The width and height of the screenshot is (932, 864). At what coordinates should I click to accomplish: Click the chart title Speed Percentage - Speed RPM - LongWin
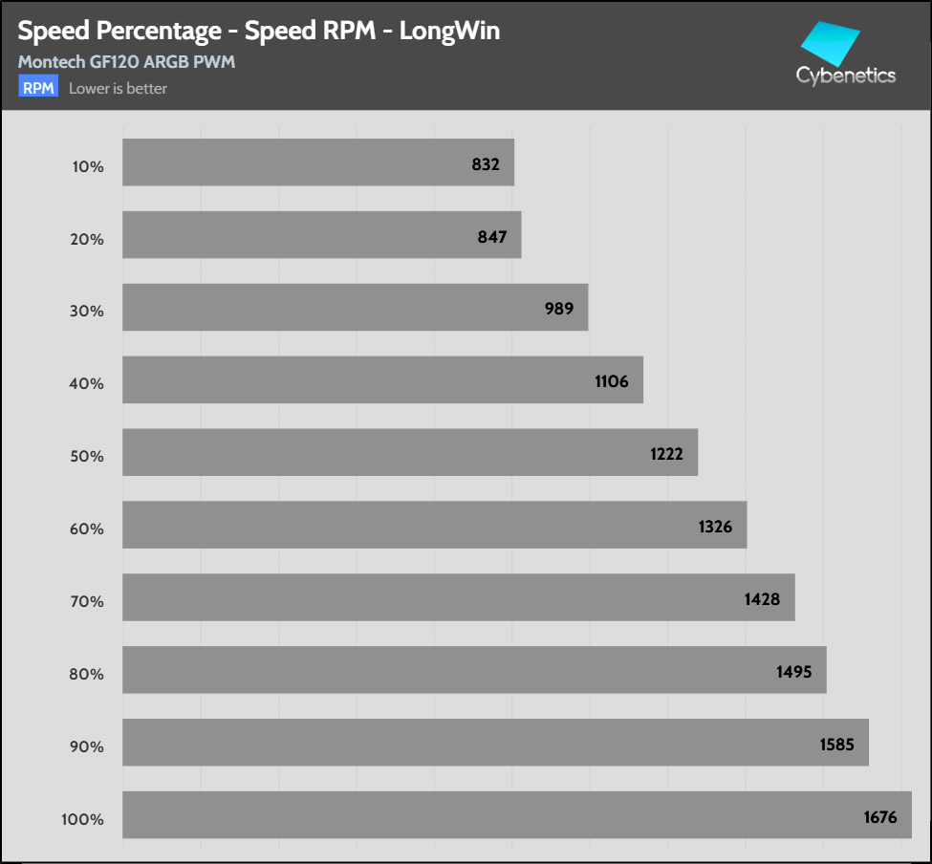coord(258,32)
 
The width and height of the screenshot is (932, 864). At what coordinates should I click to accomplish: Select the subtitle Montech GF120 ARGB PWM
coord(126,63)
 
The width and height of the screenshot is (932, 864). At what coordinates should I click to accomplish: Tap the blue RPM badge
coord(38,88)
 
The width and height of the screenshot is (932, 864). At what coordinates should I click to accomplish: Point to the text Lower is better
coord(119,89)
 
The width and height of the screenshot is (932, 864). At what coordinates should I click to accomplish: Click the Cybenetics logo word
coord(846,76)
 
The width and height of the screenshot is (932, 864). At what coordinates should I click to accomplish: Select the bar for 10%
coord(318,162)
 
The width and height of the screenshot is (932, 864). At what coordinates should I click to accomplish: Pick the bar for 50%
coord(410,452)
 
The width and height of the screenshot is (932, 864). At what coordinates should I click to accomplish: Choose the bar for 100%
coord(516,815)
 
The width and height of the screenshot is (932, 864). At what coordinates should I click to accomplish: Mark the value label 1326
coord(715,527)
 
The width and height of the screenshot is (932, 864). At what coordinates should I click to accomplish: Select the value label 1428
coord(763,599)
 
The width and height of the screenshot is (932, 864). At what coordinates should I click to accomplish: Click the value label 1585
coord(836,745)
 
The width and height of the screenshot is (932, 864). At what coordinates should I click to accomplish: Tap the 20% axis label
coord(88,239)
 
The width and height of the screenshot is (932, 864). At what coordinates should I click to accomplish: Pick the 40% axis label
coord(88,384)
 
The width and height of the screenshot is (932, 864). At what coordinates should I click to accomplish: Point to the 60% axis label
coord(88,529)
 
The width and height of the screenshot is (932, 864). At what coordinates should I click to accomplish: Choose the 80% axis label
coord(88,674)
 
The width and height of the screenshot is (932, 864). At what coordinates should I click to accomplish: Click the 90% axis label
coord(88,746)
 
